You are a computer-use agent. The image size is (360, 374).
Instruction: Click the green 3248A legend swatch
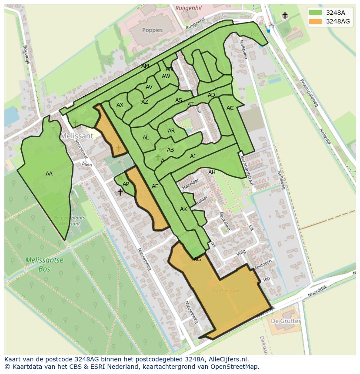pos(316,13)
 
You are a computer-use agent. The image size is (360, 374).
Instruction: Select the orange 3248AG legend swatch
pos(316,21)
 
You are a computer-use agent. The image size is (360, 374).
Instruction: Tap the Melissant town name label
pos(77,136)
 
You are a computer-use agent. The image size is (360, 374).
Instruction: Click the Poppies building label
pos(152,30)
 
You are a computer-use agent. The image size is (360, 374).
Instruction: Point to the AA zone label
pos(49,174)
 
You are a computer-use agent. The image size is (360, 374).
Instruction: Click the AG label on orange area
pos(197,259)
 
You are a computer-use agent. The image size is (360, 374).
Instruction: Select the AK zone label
pos(183,209)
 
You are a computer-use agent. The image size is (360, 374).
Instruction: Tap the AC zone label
pos(230,108)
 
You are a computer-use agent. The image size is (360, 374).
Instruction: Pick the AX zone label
pos(120,105)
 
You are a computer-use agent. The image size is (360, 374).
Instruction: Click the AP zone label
pos(126,184)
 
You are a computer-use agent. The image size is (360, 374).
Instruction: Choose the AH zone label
pos(212,172)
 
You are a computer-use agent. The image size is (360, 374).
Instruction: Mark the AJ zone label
pos(193,156)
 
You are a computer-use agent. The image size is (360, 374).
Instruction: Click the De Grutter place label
pos(285,321)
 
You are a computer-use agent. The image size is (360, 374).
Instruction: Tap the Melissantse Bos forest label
pos(44,265)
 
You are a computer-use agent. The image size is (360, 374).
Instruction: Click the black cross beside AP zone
pos(120,192)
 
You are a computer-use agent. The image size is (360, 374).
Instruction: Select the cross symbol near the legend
pos(285,16)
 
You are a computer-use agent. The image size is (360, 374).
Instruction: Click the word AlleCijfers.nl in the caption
pos(227,360)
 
